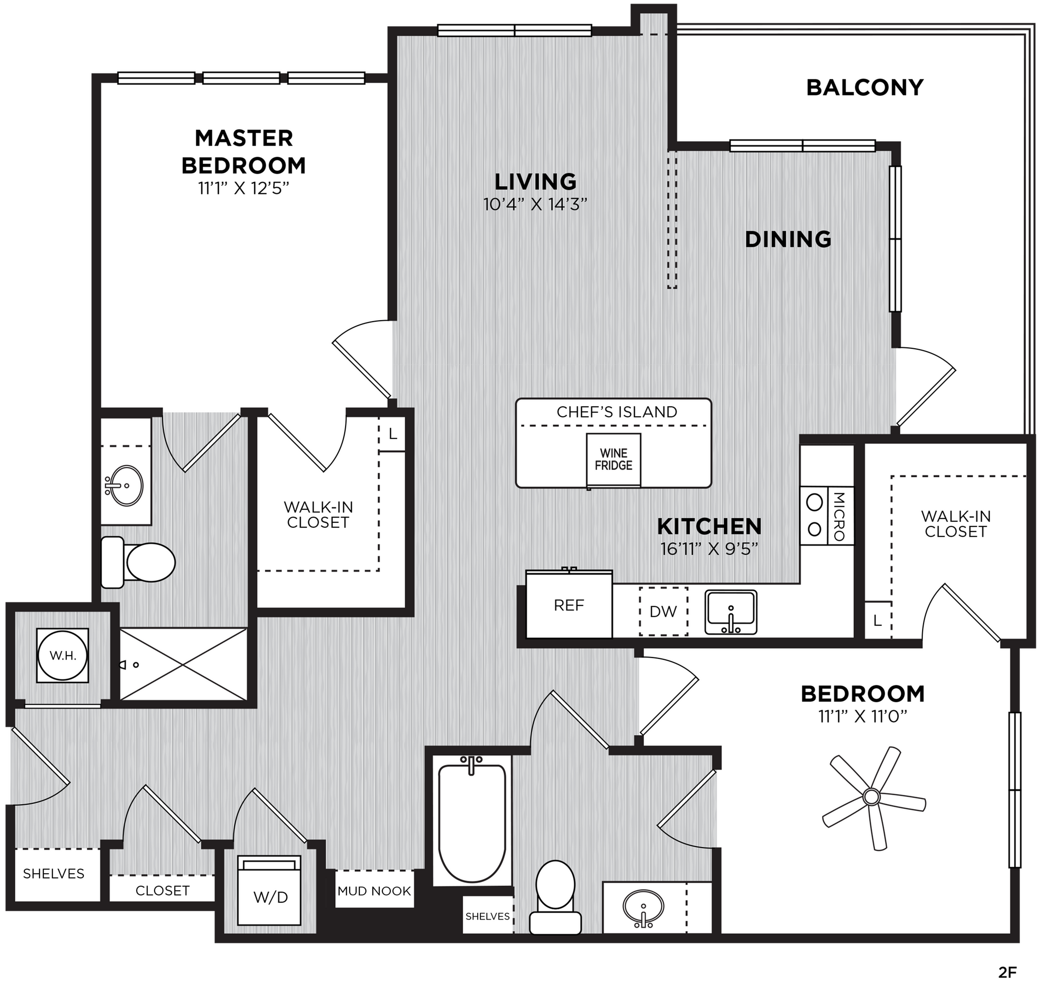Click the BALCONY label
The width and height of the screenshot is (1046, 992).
[x=865, y=87]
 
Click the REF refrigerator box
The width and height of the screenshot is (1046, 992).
[x=569, y=605]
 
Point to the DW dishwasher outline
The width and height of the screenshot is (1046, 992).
[x=663, y=611]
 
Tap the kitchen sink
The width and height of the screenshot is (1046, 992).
[x=731, y=612]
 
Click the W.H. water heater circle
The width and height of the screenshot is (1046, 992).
[x=63, y=656]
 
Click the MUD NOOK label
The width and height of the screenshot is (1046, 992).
[x=375, y=891]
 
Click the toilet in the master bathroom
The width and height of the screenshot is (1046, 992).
[x=138, y=562]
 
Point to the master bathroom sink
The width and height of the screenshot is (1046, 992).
[x=125, y=485]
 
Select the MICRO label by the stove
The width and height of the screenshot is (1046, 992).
[x=839, y=517]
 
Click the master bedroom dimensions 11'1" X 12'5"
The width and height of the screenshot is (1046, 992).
[x=244, y=188]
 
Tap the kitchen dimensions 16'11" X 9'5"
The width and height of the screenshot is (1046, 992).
[x=709, y=549]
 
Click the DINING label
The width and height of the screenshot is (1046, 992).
[x=788, y=240]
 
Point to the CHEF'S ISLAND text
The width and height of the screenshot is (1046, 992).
[x=617, y=412]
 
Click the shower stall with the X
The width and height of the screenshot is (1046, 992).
[x=184, y=664]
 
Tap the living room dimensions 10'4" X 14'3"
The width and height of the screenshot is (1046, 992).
[x=535, y=204]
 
